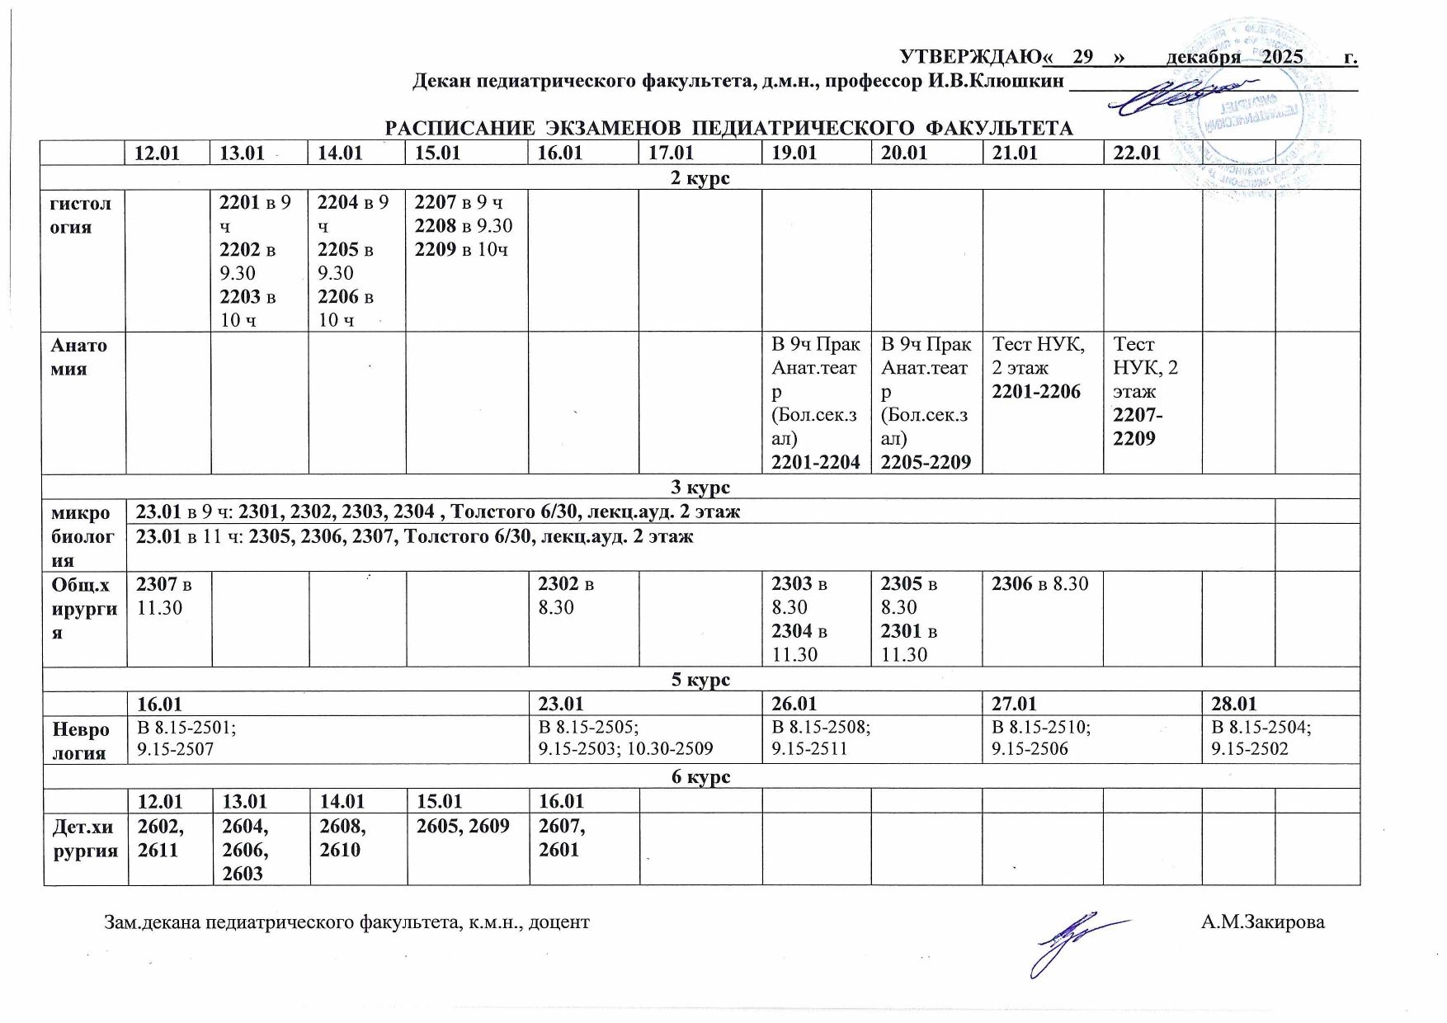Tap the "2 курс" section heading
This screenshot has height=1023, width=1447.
[701, 177]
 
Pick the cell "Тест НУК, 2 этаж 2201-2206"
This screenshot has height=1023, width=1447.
[1036, 368]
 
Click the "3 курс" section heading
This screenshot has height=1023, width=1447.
[701, 486]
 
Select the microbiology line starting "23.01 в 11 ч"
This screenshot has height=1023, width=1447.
[415, 537]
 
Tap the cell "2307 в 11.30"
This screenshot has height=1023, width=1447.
[163, 596]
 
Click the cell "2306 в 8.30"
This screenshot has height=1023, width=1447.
[1040, 584]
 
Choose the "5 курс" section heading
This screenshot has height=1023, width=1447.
[701, 679]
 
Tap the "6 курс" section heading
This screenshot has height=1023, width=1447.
[701, 776]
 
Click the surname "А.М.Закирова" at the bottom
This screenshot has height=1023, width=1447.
[1262, 922]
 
